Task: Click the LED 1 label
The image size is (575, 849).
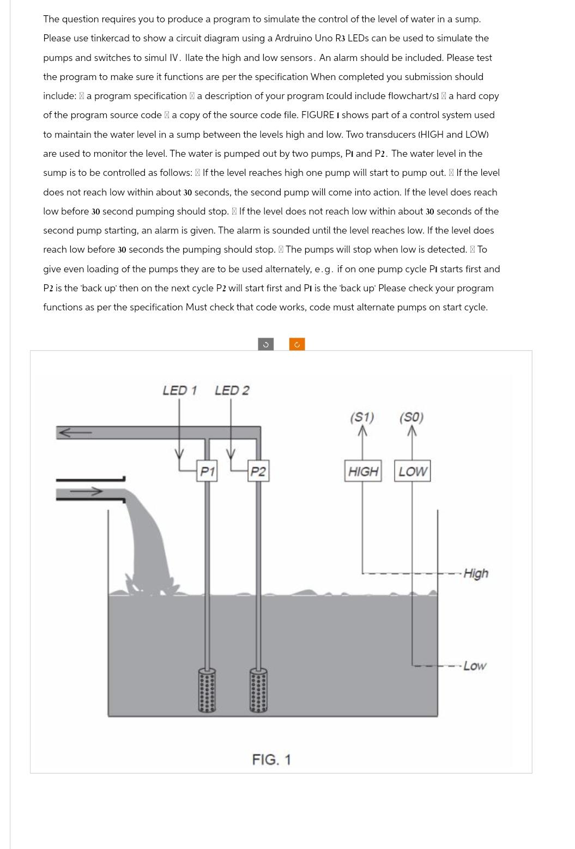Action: click(179, 390)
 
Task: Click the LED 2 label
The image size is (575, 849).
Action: click(232, 390)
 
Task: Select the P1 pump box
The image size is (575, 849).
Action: click(207, 472)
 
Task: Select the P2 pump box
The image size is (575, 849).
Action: click(258, 472)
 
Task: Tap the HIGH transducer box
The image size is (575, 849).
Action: click(363, 472)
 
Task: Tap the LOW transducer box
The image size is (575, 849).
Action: click(412, 472)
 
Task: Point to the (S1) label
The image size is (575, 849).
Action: click(362, 418)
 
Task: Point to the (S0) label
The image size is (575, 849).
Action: click(411, 418)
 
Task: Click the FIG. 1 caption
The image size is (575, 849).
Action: click(271, 759)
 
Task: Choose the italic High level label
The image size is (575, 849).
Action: click(476, 573)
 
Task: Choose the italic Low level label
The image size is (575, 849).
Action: click(475, 666)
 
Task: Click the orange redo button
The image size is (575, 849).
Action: click(297, 344)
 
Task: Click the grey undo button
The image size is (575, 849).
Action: click(265, 344)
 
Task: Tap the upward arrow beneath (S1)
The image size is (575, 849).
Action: click(363, 432)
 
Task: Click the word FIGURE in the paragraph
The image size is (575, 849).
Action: click(318, 115)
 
